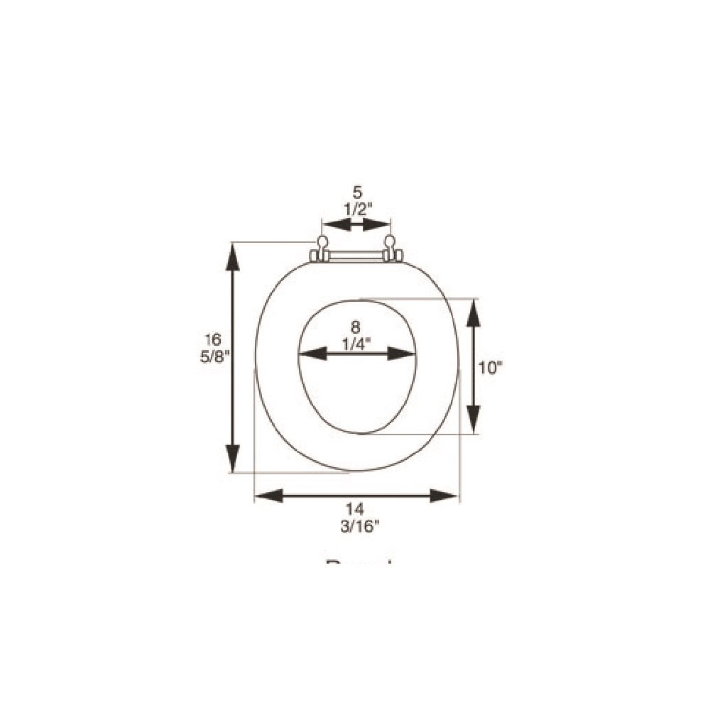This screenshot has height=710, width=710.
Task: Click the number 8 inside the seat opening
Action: (356, 327)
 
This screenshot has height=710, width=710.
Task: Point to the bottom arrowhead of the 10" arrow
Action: (474, 418)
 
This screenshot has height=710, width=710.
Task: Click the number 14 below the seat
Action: (356, 508)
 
